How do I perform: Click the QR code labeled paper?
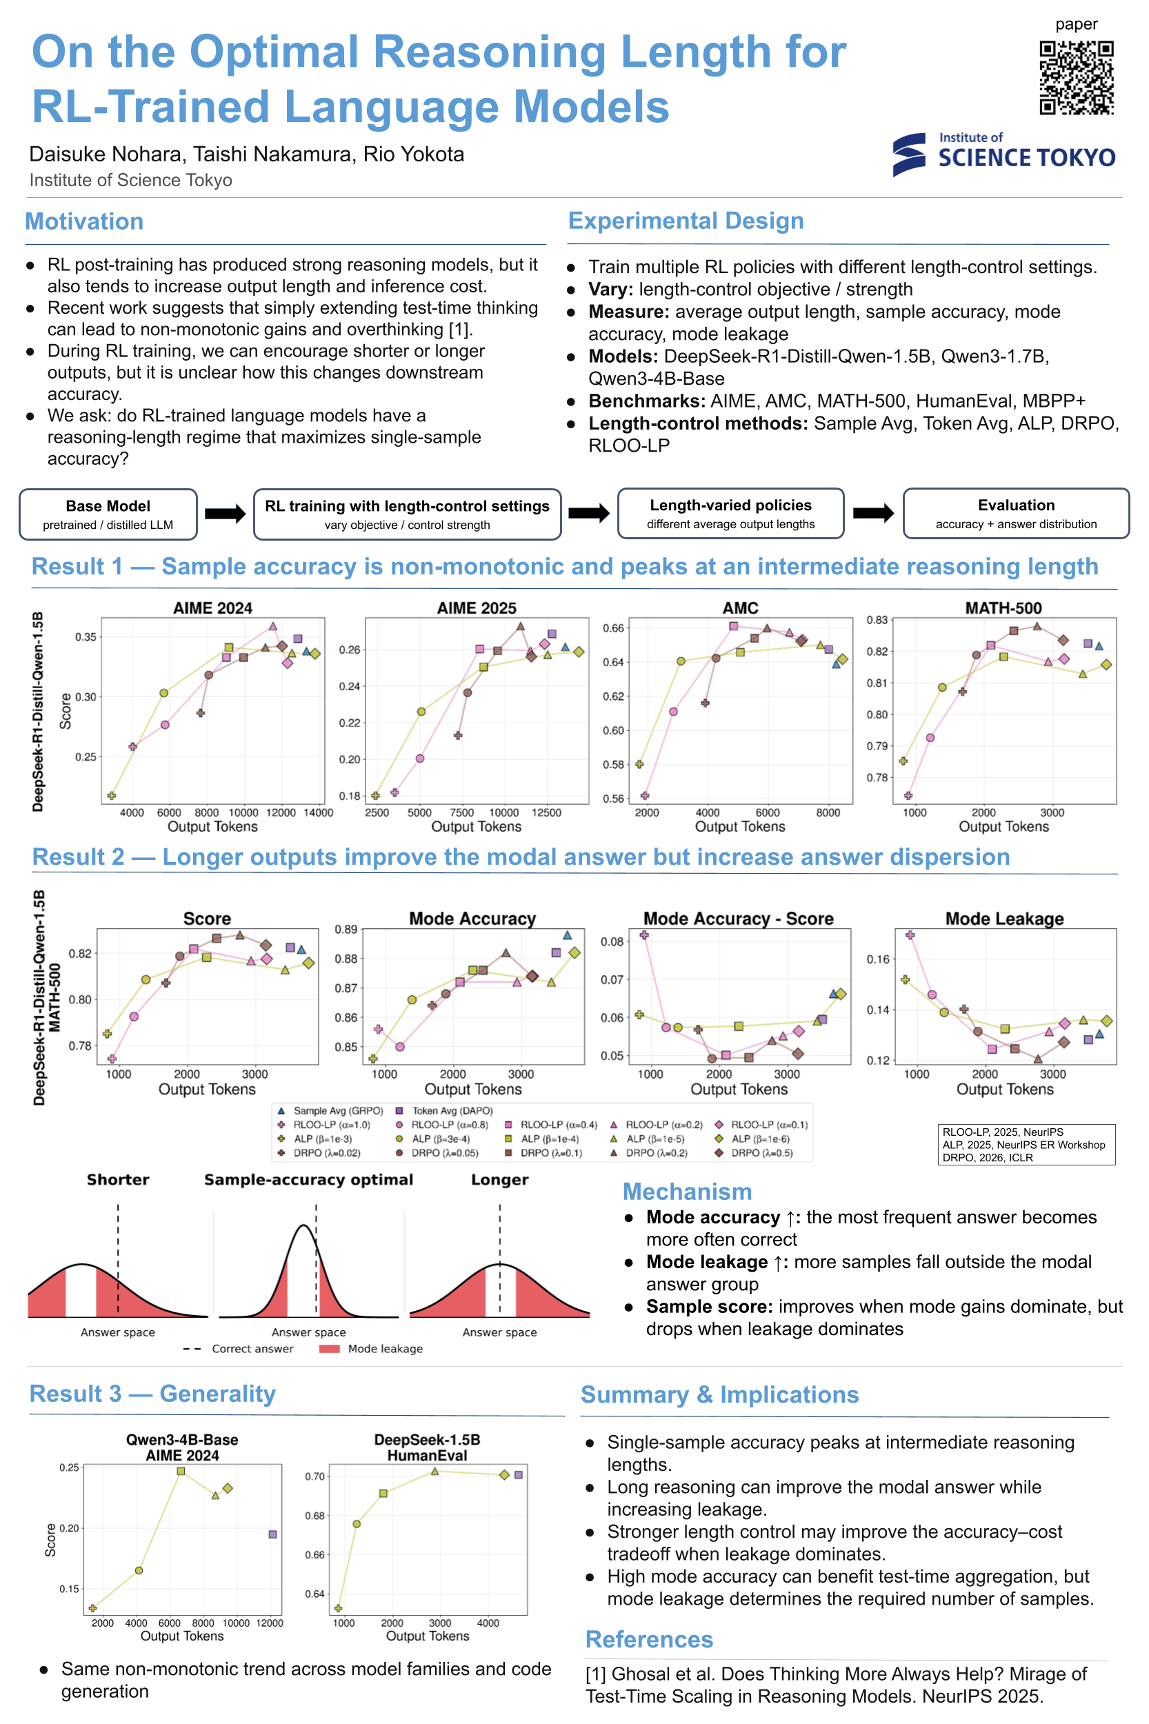1076,78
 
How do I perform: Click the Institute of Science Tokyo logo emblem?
909,154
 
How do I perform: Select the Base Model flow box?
108,514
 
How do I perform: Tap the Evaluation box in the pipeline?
1016,514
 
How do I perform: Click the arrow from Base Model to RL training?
225,514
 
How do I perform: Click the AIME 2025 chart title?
477,608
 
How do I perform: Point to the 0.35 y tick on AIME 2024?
86,637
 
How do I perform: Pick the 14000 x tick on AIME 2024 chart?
318,812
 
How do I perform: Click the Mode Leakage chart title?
1004,919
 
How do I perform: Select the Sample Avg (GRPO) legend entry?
330,1111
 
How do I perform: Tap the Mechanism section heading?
688,1192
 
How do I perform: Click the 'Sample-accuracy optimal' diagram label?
308,1180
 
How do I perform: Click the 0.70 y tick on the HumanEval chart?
315,1476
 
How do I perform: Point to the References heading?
649,1640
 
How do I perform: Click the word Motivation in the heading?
84,221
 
